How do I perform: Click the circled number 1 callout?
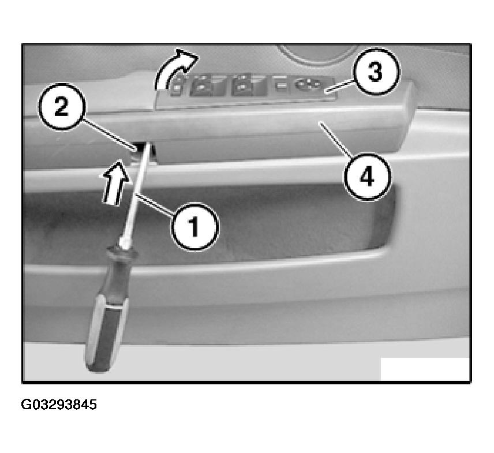194,227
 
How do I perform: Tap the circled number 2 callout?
61,107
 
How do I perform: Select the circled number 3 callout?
376,72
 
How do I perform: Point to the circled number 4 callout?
368,177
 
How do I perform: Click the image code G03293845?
59,405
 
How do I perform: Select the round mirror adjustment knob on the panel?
307,84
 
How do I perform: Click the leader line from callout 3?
341,85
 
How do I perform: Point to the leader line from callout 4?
335,138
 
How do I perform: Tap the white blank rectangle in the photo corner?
425,369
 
